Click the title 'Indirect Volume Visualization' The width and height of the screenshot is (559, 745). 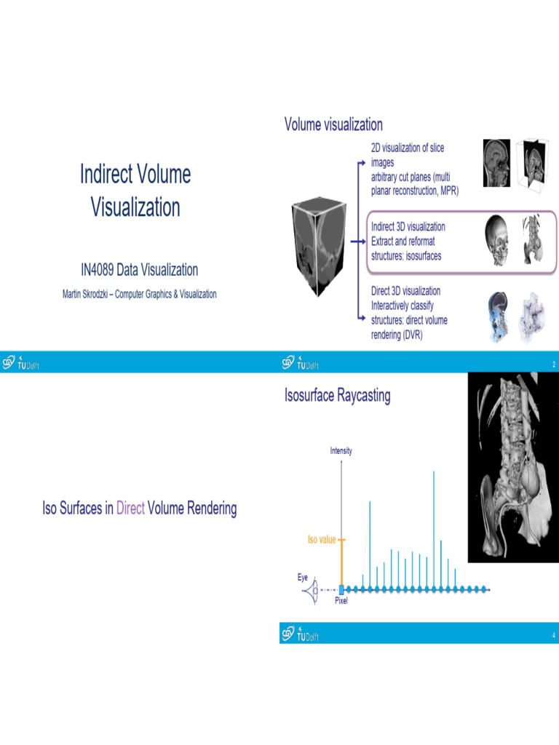point(135,191)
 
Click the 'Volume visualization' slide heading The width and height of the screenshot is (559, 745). point(333,124)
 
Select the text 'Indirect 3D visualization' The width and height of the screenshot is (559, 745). point(408,226)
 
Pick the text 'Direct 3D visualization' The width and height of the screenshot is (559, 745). point(405,291)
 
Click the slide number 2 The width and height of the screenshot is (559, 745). point(553,364)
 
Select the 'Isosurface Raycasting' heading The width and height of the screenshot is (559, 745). point(338,396)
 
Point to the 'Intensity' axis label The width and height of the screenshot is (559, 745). point(341,451)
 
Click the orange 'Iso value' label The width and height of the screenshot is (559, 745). point(322,540)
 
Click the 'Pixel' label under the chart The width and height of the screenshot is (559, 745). point(341,602)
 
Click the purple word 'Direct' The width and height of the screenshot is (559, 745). point(130,509)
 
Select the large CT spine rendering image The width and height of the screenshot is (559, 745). point(512,468)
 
